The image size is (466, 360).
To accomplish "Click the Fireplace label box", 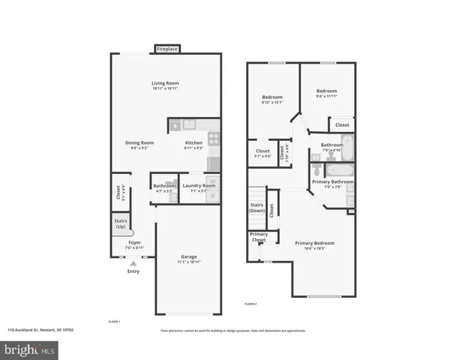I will (167, 49).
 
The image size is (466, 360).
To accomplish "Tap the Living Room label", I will (165, 83).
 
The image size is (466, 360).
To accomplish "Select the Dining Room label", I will (139, 142).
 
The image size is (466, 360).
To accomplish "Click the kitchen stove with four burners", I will (214, 138).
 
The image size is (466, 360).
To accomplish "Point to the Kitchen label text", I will (194, 142).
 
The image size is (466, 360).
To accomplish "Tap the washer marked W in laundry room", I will (212, 181).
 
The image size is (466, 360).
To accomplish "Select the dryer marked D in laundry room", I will (212, 196).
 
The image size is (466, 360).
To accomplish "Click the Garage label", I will (188, 256).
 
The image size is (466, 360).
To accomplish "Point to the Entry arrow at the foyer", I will (134, 263).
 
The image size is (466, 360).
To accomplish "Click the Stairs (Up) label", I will (120, 223).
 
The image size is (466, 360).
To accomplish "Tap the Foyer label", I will (134, 242).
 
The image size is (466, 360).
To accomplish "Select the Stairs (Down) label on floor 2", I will (257, 208).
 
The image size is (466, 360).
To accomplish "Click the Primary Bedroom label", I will (314, 243).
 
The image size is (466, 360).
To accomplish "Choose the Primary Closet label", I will (258, 237).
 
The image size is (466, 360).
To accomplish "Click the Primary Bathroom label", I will (332, 181).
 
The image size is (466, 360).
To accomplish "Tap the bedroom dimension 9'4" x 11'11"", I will (327, 96).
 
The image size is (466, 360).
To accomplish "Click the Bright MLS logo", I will (30, 349).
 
